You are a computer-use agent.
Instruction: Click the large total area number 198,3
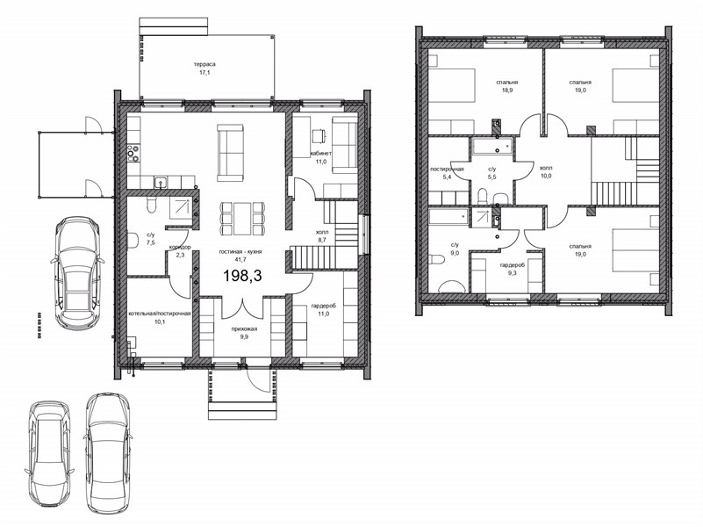pyautogui.click(x=242, y=276)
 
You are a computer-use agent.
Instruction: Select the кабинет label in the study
pyautogui.click(x=321, y=154)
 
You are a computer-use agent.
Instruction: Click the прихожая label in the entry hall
pyautogui.click(x=244, y=329)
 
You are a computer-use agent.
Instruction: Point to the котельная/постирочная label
pyautogui.click(x=160, y=314)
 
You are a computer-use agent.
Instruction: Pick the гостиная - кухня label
pyautogui.click(x=240, y=252)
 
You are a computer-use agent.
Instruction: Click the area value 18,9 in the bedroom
pyautogui.click(x=507, y=90)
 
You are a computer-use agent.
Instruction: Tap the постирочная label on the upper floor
pyautogui.click(x=447, y=170)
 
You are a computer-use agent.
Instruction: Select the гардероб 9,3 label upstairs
pyautogui.click(x=513, y=268)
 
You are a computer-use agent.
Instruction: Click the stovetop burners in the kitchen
pyautogui.click(x=133, y=153)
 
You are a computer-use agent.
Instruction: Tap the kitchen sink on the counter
pyautogui.click(x=161, y=182)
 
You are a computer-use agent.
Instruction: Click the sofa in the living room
pyautogui.click(x=231, y=153)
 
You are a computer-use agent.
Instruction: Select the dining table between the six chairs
pyautogui.click(x=242, y=219)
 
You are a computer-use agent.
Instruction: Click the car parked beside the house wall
pyautogui.click(x=76, y=273)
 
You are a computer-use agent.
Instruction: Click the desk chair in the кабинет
pyautogui.click(x=319, y=135)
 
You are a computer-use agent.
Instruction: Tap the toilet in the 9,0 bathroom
pyautogui.click(x=435, y=260)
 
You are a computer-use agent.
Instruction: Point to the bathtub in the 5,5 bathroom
pyautogui.click(x=491, y=147)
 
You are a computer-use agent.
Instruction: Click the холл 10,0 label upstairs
pyautogui.click(x=546, y=172)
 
